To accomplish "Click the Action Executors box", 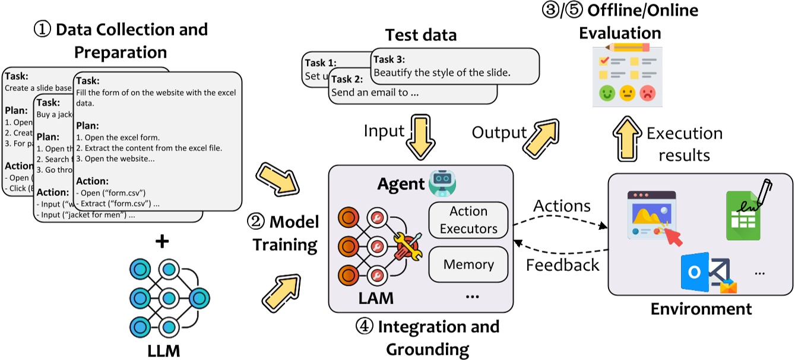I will pyautogui.click(x=468, y=220).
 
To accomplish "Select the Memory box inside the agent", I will pyautogui.click(x=468, y=265).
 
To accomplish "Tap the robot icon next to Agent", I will pyautogui.click(x=441, y=183).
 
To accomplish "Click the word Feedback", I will pyautogui.click(x=562, y=264).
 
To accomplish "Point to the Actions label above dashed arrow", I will pyautogui.click(x=562, y=206).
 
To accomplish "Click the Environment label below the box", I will pyautogui.click(x=701, y=309).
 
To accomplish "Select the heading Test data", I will pyautogui.click(x=420, y=36).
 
